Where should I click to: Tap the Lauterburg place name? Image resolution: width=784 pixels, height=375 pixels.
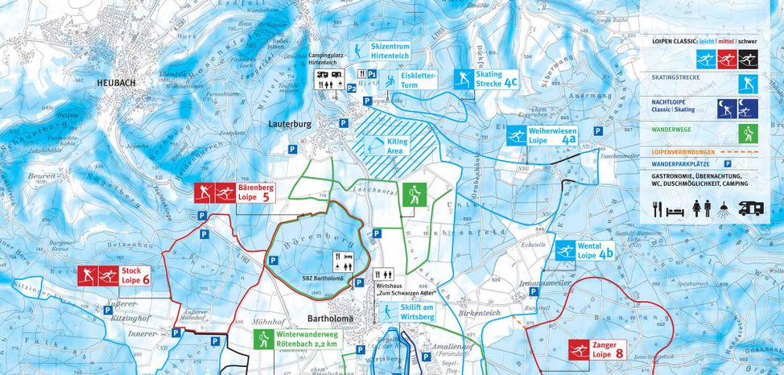pos(291,125)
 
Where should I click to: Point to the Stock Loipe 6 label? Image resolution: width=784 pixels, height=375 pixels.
pos(135,276)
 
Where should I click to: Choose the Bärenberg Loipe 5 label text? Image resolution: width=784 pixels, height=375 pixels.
pos(256,192)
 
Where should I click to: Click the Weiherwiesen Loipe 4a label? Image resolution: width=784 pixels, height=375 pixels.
pos(553,134)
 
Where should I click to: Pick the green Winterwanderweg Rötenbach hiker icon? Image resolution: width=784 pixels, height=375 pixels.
pos(263,339)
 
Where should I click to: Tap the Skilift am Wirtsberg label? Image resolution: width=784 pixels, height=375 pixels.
pos(417,313)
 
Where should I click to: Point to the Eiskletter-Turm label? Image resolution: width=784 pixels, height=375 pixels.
pos(418,79)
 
